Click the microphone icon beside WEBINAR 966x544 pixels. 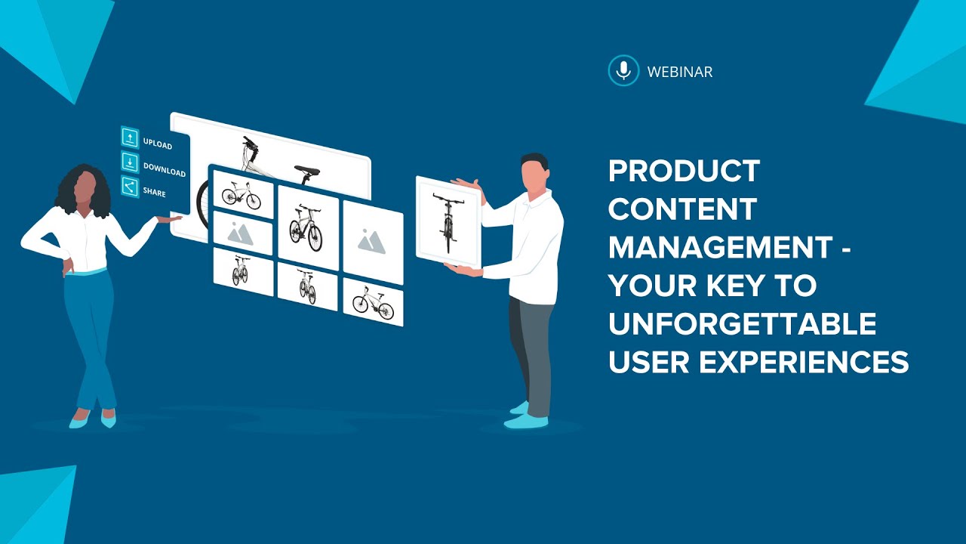point(623,71)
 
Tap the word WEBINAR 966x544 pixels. point(680,73)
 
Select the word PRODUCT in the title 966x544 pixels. point(684,172)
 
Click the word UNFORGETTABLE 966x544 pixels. point(742,324)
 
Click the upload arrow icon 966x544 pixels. point(130,138)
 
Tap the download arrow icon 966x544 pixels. point(130,162)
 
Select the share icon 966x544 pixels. point(130,187)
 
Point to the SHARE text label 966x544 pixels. point(154,192)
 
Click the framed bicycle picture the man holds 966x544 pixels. point(448,221)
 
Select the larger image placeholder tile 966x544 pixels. point(372,240)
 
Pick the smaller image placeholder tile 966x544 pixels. point(243,233)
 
